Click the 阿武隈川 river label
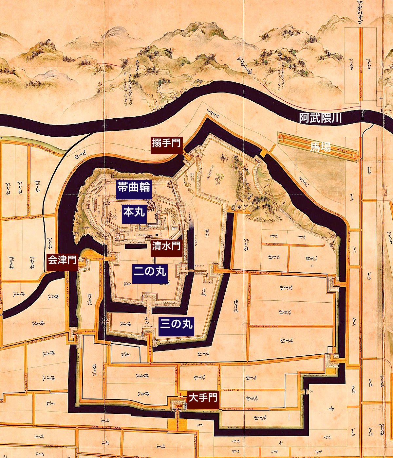[x=320, y=118]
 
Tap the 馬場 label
[x=320, y=148]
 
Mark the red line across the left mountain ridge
[x=105, y=63]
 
